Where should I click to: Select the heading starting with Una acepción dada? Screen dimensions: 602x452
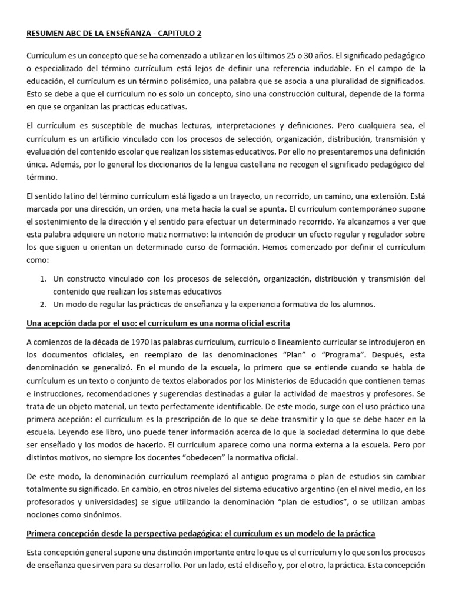(158, 324)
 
